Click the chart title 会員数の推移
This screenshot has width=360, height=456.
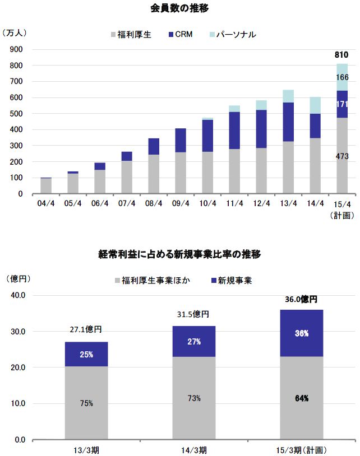[179, 8]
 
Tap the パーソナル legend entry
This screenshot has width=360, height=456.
[233, 34]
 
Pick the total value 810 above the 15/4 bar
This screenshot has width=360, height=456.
[341, 55]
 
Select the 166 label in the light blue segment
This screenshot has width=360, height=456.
[341, 77]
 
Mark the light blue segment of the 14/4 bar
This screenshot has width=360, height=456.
[316, 105]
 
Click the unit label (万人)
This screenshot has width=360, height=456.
[15, 33]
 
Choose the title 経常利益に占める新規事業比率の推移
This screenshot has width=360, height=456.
[179, 254]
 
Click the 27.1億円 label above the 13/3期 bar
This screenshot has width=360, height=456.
[86, 330]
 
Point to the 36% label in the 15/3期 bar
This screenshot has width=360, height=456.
[302, 333]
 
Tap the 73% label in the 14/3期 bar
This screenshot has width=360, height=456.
[194, 398]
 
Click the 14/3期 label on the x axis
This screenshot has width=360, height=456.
[194, 449]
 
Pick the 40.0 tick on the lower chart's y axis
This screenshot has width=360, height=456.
[16, 295]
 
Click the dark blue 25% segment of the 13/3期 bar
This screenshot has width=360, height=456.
[86, 354]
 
